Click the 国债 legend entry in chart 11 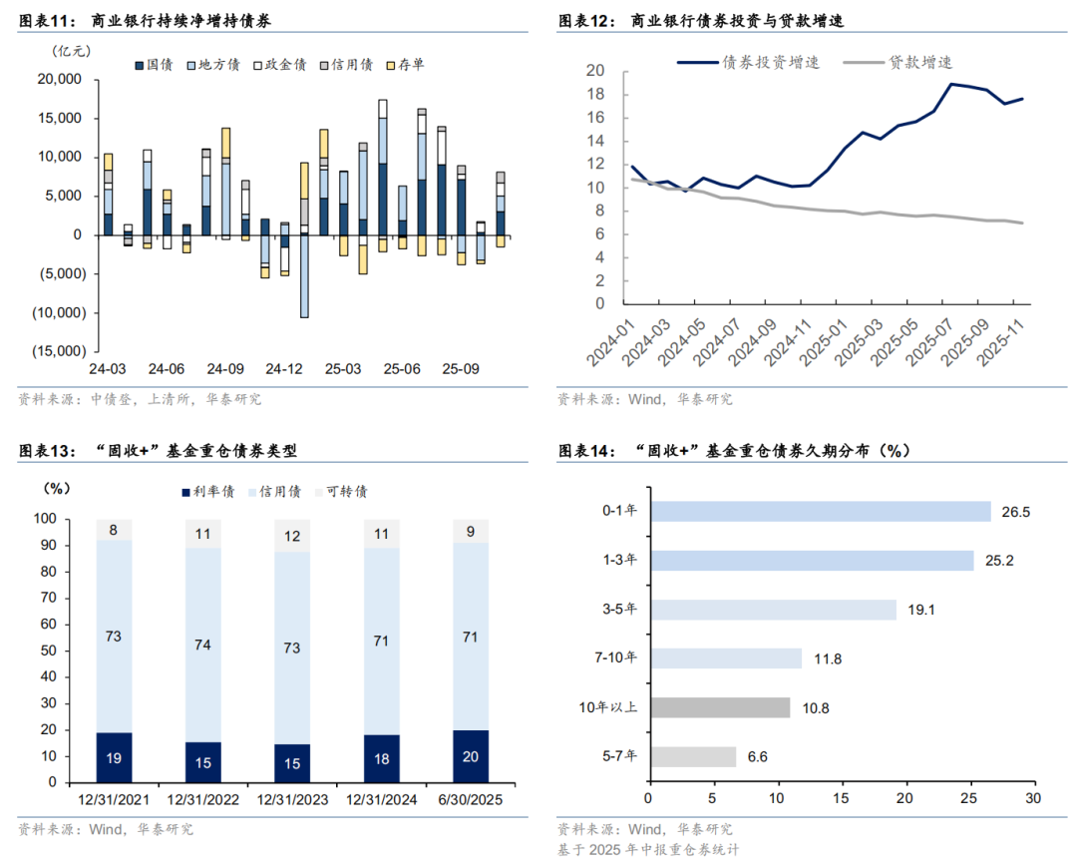tap(154, 65)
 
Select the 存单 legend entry tap(405, 65)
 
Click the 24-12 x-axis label tap(285, 369)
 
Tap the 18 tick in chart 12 tap(595, 94)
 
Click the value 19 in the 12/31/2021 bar tap(114, 758)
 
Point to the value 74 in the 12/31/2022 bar tap(203, 645)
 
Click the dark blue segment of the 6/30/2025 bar tap(471, 756)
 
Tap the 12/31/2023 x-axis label tap(293, 800)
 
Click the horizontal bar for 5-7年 tap(692, 756)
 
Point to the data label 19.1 tap(918, 610)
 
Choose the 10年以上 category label tap(614, 707)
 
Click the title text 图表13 tap(47, 451)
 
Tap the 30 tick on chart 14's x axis tap(1032, 799)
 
